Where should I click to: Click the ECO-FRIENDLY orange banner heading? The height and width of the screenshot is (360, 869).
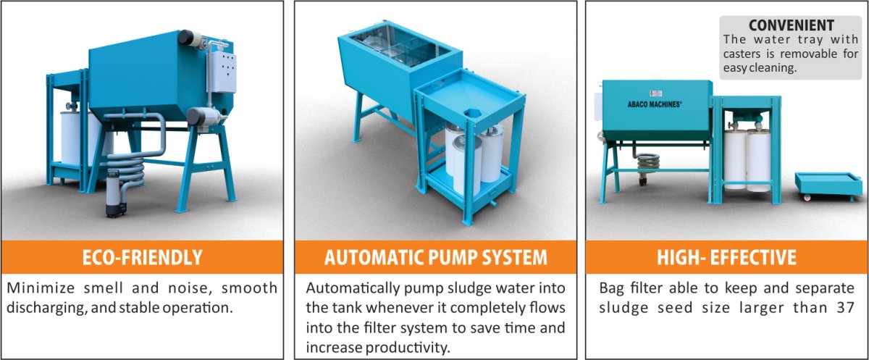tap(142, 257)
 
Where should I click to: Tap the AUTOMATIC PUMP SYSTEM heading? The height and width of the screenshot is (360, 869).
tap(435, 257)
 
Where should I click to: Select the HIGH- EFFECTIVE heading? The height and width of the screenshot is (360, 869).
tap(726, 257)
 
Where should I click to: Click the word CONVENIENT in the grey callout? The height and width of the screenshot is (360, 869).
tap(790, 25)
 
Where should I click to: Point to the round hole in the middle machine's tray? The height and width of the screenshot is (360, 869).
tap(472, 113)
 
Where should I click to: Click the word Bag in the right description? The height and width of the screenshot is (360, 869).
tap(611, 288)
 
